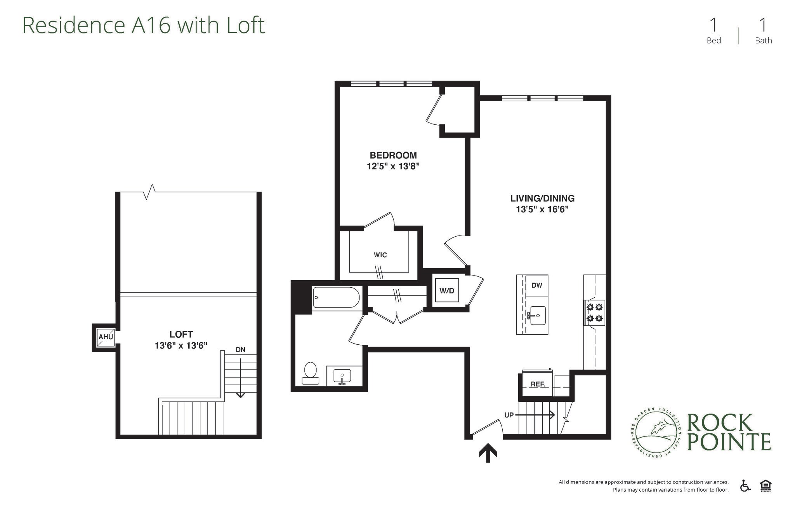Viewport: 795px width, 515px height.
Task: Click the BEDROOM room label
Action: [393, 155]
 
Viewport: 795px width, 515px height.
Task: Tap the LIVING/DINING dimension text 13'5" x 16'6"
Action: [542, 209]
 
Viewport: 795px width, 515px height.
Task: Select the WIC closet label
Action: [380, 255]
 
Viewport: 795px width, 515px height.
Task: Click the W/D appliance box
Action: [447, 290]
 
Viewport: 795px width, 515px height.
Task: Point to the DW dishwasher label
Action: [536, 285]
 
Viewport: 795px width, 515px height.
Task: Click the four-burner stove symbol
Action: [594, 313]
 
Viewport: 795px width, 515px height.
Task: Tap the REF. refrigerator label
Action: [538, 384]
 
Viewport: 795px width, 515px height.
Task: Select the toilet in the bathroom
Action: [310, 373]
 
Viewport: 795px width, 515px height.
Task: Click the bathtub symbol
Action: [336, 298]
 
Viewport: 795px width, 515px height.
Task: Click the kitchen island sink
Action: [538, 315]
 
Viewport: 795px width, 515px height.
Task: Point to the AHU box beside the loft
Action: [105, 337]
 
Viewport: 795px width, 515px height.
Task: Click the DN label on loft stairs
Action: [240, 349]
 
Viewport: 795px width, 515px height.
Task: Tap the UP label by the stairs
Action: [509, 415]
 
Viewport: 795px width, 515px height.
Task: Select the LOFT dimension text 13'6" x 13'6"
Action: [181, 345]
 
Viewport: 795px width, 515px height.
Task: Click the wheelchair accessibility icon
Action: [745, 486]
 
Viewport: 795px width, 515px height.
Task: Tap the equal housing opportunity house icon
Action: [765, 486]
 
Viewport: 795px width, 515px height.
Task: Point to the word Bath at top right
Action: [763, 40]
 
